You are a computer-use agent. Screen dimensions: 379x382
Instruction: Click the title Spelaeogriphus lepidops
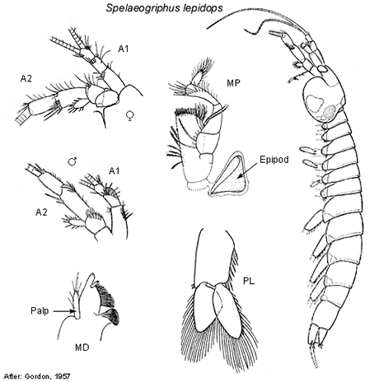pos(164,8)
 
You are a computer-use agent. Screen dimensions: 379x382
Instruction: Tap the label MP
pos(234,83)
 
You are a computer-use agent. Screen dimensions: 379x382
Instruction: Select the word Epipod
pos(274,160)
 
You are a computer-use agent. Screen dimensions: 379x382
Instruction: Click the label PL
pos(249,281)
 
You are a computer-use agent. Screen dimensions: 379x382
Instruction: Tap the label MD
pos(82,347)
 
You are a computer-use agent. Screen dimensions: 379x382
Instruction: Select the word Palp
pos(40,311)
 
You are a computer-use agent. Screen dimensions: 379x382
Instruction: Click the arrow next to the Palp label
pos(64,311)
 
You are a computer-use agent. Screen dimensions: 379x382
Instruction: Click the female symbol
pos(129,116)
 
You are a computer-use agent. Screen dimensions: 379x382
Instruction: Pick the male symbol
pos(73,161)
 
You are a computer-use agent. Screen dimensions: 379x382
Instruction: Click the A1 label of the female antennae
pos(124,49)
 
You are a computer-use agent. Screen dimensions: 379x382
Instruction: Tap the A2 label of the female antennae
pos(26,79)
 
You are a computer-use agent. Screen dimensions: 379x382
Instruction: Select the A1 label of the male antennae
pos(115,171)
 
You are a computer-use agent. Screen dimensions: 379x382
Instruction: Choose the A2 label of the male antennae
pos(41,212)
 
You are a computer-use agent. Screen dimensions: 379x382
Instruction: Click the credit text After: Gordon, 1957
pos(37,375)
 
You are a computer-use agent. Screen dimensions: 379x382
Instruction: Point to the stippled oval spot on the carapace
pos(330,112)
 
